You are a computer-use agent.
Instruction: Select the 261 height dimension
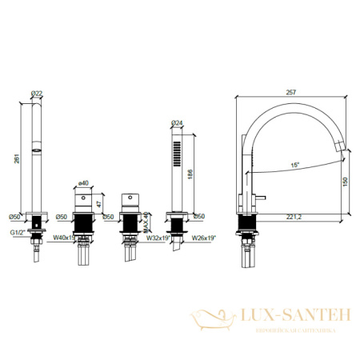[18, 159]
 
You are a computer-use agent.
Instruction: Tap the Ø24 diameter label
[177, 122]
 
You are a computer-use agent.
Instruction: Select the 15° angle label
[296, 165]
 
